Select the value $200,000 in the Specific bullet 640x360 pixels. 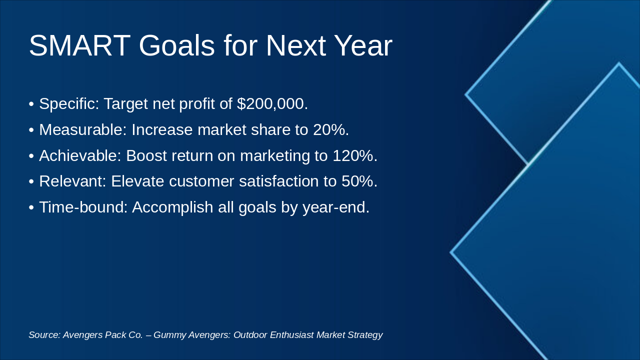[272, 103]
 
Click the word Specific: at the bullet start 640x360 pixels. [69, 103]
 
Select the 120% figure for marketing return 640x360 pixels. [355, 155]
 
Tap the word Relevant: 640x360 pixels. [72, 181]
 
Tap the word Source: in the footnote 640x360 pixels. [44, 335]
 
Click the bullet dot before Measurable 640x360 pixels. [31, 130]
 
